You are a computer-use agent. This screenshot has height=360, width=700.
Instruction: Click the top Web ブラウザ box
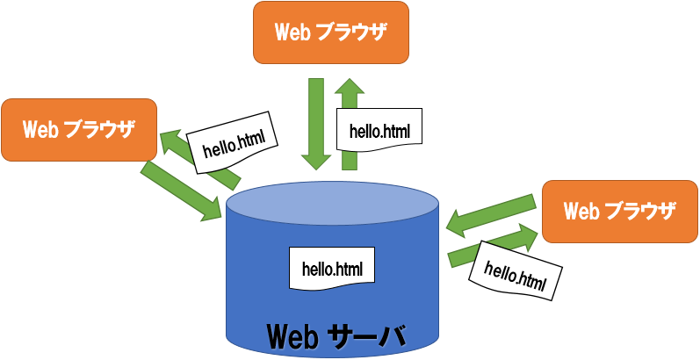coord(331,32)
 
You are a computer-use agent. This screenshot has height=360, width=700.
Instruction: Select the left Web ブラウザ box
coord(79,130)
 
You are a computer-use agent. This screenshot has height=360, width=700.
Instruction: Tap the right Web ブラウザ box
coord(619,212)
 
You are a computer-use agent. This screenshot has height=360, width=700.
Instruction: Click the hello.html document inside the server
coord(332,267)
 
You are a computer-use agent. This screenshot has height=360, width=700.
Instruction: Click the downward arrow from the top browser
coord(314,123)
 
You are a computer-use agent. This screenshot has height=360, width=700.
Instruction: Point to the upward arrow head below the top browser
coord(350,90)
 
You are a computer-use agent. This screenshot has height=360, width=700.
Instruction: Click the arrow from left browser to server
coord(181,190)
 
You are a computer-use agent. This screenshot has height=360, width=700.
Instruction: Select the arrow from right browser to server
coord(491,214)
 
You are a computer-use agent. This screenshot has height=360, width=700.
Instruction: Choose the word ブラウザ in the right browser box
coord(641,212)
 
